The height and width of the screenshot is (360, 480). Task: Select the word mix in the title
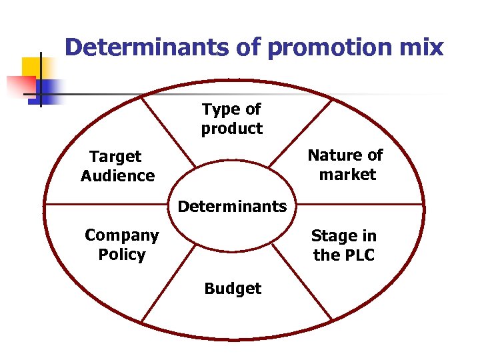pyautogui.click(x=422, y=48)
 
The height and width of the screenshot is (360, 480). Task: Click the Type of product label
pyautogui.click(x=231, y=119)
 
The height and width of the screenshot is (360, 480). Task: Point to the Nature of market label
pyautogui.click(x=345, y=165)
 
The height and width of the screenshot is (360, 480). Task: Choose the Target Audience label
pyautogui.click(x=117, y=166)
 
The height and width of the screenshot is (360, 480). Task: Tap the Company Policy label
pyautogui.click(x=121, y=245)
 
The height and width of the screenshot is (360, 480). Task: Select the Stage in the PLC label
pyautogui.click(x=343, y=245)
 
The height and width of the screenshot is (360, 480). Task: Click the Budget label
pyautogui.click(x=233, y=289)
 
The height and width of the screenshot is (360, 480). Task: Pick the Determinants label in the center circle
pyautogui.click(x=232, y=206)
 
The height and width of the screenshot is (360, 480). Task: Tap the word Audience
pyautogui.click(x=117, y=176)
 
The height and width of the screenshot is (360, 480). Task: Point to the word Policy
pyautogui.click(x=121, y=255)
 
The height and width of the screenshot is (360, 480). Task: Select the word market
pyautogui.click(x=347, y=175)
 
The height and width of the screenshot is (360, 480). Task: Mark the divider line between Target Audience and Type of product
pyautogui.click(x=169, y=131)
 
